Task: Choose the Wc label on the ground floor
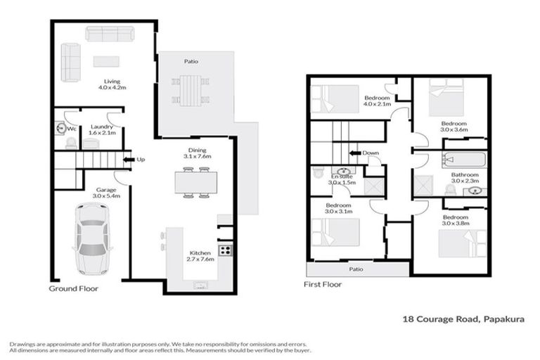click(x=71, y=129)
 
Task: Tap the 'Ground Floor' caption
click(x=73, y=289)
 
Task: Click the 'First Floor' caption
click(x=323, y=285)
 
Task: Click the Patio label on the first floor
click(x=356, y=268)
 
